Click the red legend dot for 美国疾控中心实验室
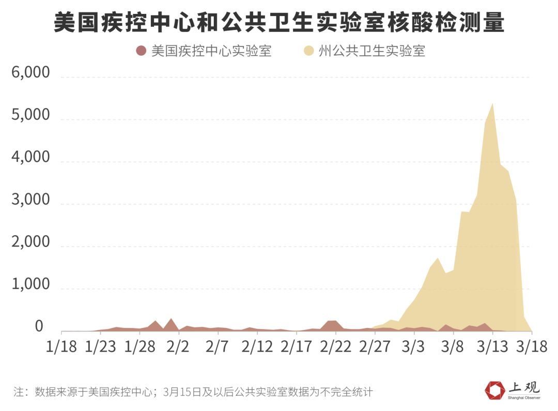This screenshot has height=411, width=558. (141, 51)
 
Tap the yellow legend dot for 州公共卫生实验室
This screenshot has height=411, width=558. (309, 51)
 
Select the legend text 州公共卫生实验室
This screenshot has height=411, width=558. (371, 51)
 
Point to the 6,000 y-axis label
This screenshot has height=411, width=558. (30, 73)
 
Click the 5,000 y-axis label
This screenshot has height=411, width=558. (30, 115)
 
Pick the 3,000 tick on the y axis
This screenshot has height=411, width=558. (30, 200)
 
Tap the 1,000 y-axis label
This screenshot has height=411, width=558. (30, 284)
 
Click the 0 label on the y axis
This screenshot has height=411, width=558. (39, 326)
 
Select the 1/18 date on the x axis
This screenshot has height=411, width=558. (61, 346)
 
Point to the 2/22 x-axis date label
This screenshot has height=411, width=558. (335, 346)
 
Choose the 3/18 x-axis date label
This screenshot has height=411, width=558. (531, 346)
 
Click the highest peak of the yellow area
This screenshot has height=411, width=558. (492, 104)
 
